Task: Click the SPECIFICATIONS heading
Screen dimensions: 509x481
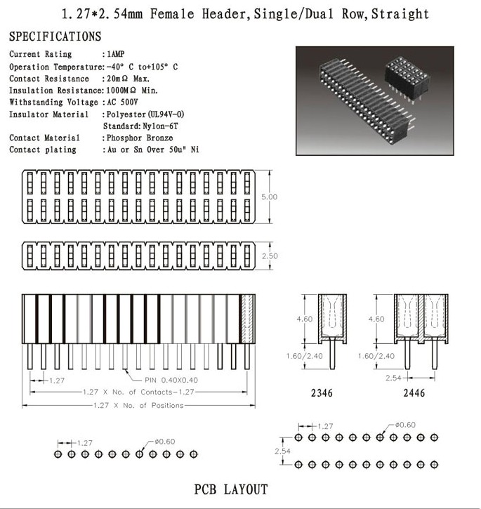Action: tap(55, 37)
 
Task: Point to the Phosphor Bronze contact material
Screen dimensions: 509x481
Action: tap(139, 138)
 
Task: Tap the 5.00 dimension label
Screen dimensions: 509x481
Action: tap(269, 197)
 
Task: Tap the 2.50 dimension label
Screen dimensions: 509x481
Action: tap(269, 257)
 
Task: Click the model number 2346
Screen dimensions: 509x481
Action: tap(322, 394)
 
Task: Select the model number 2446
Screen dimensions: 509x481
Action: tap(414, 394)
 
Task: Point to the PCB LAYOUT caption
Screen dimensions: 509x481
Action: tap(231, 489)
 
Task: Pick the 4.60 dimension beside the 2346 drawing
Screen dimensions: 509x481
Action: tap(304, 319)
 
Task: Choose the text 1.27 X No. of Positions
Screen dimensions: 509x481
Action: tap(138, 405)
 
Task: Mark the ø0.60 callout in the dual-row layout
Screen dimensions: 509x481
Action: tap(405, 425)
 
